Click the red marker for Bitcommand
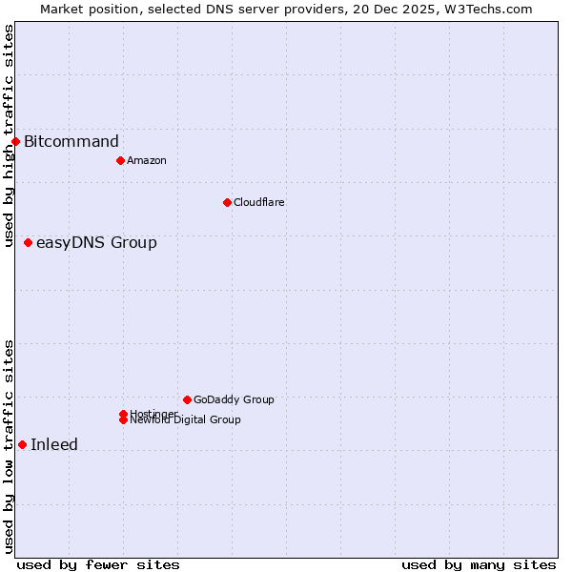click(15, 142)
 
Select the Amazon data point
click(120, 160)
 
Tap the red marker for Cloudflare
click(227, 202)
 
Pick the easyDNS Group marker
click(28, 243)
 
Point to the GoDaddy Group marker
click(187, 399)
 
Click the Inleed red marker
click(22, 444)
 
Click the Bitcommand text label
click(71, 142)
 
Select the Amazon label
click(146, 160)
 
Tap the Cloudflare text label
click(258, 202)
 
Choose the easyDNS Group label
click(96, 243)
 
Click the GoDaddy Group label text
click(234, 399)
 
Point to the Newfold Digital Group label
click(187, 420)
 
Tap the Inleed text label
click(54, 444)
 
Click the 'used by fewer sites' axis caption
click(98, 564)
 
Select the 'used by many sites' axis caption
click(479, 564)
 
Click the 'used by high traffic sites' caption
click(9, 135)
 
